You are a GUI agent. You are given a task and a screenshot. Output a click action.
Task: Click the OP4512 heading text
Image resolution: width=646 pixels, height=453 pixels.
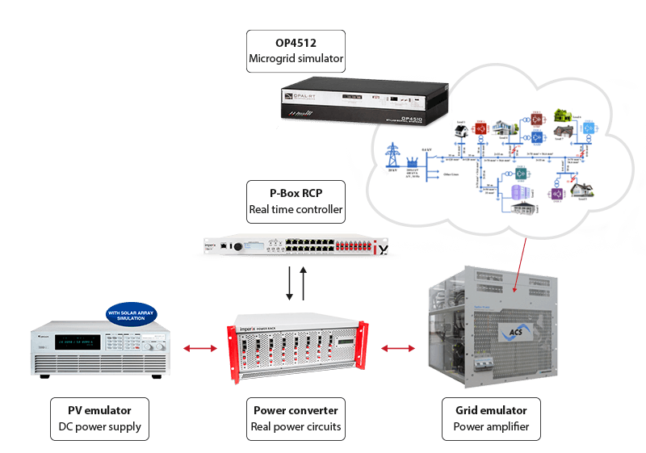[x=296, y=43]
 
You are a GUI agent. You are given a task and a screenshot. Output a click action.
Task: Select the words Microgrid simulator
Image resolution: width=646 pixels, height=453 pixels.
[x=296, y=59]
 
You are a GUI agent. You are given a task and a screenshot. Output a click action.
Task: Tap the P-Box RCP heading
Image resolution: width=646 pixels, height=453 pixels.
[x=296, y=194]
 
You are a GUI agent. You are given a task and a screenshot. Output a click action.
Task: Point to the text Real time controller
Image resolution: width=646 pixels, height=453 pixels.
[x=296, y=210]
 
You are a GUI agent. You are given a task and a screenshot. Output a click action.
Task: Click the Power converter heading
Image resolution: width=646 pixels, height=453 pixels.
[x=296, y=410]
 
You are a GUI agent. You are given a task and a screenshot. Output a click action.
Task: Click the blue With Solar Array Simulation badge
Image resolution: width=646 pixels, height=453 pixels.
[x=131, y=313]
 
